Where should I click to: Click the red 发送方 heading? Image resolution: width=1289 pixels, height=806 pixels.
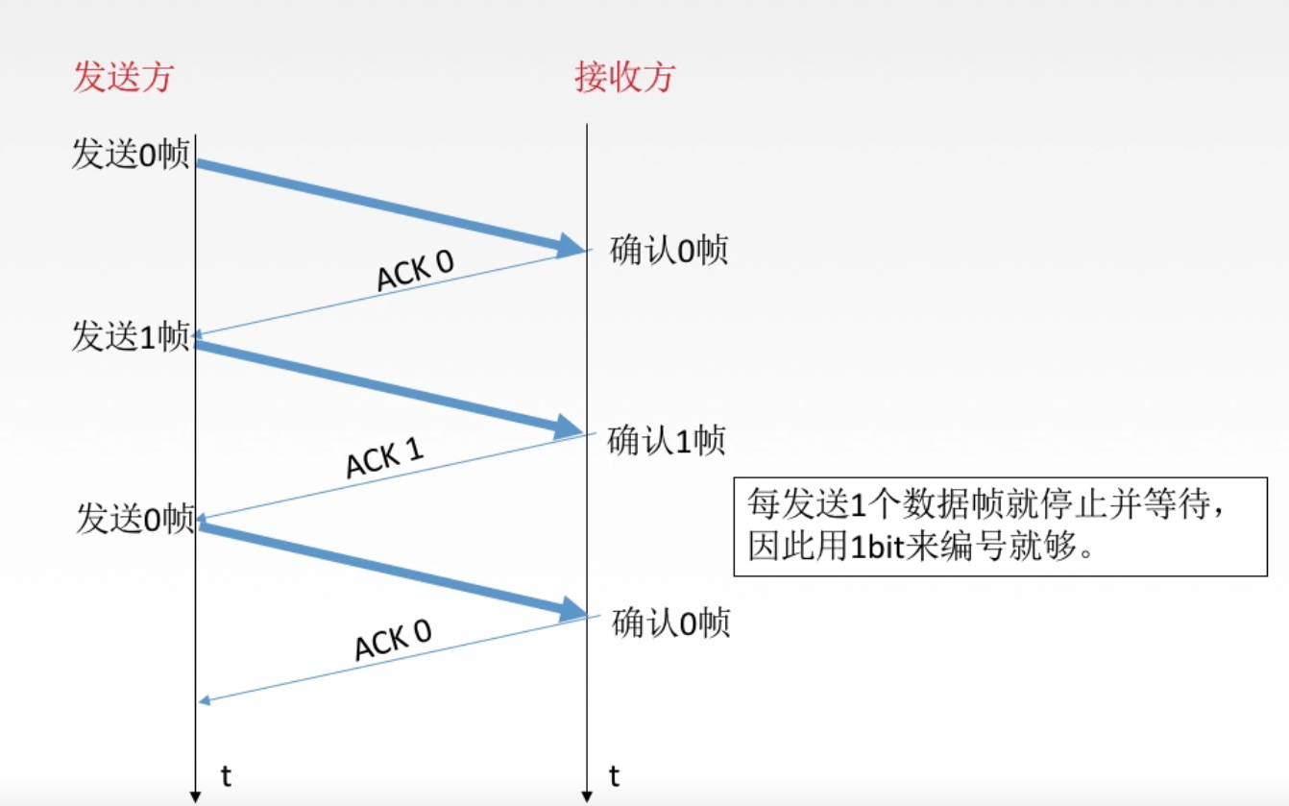point(123,77)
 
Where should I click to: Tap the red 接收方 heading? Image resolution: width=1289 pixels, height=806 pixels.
point(624,77)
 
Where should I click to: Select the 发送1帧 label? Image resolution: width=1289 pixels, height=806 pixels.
point(131,336)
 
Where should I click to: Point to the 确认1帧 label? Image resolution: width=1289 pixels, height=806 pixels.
point(667,441)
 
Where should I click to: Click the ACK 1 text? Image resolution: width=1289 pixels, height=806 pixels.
point(384,458)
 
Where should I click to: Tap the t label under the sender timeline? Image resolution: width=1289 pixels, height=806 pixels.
point(226,776)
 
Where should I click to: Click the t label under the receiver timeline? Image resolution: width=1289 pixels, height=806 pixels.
point(615,776)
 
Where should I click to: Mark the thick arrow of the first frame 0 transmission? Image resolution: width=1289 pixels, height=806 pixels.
point(384,206)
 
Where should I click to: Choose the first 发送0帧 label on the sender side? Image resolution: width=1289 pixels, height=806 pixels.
point(131,155)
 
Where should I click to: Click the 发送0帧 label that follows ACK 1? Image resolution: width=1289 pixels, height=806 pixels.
point(135,519)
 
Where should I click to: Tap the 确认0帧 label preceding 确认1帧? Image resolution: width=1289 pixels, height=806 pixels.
point(669,251)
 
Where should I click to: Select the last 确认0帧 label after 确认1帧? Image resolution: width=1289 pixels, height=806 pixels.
point(670,623)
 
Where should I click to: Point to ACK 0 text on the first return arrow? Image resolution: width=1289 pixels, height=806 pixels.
point(415,272)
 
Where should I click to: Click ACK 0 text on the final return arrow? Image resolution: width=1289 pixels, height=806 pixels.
point(393,640)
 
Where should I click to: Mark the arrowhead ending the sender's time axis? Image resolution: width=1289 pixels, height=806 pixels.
point(195,797)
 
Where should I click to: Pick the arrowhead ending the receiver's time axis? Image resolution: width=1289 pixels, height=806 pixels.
point(586,797)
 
